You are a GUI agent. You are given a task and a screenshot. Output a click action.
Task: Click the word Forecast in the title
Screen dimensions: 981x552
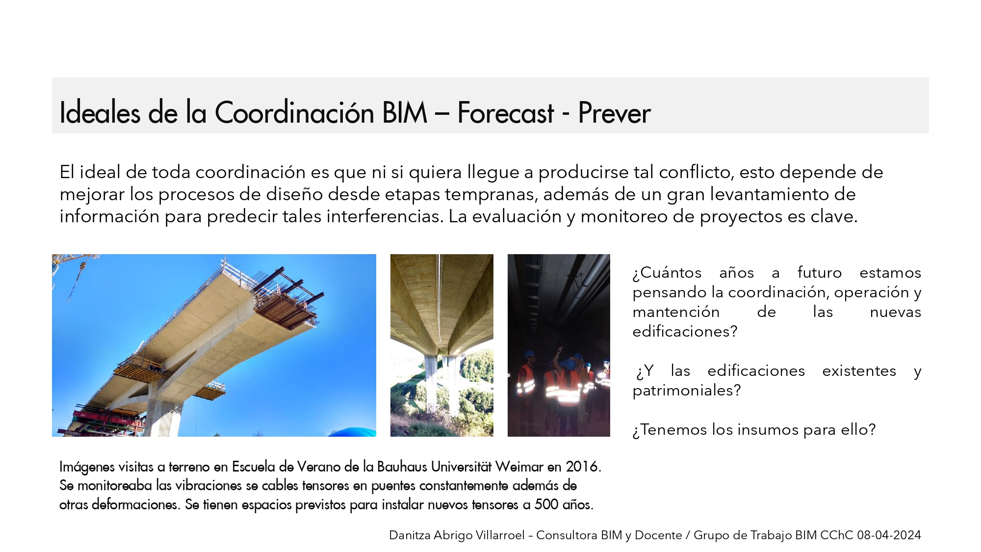[x=506, y=112]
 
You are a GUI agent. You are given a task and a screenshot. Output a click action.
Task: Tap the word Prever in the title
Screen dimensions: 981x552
[x=614, y=112]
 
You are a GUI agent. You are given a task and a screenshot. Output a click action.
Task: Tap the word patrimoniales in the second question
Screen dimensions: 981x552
[x=686, y=391]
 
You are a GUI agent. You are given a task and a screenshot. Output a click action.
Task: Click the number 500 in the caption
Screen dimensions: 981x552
[x=546, y=505]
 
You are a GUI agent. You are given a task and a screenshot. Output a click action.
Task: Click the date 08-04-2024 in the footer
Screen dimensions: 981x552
[x=889, y=535]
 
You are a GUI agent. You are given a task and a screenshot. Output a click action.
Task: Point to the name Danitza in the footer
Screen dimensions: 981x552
[x=410, y=535]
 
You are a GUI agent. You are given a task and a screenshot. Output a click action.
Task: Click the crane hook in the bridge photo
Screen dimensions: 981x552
[x=82, y=266]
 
